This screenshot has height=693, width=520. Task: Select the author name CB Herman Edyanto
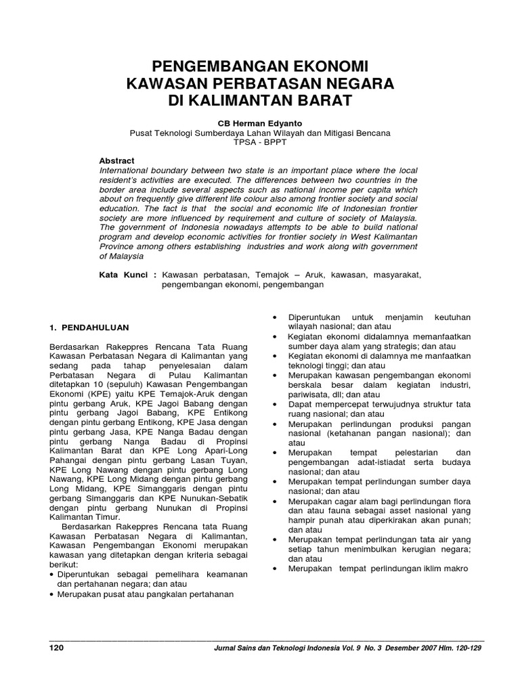click(260, 124)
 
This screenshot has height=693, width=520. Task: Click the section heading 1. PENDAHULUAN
click(90, 327)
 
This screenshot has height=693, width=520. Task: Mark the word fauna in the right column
click(328, 513)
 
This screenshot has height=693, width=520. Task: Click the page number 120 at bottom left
click(57, 648)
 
